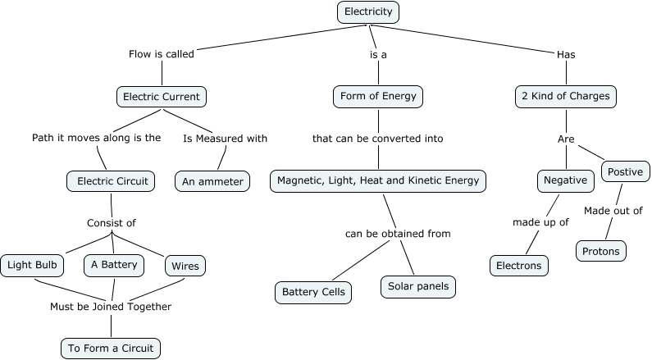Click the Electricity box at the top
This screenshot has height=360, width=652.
pos(368,11)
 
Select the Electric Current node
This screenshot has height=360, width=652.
pos(162,97)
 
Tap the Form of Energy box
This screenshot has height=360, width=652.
pos(378,96)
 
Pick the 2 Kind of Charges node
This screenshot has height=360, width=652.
pos(565,96)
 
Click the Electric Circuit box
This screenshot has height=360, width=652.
pos(112,181)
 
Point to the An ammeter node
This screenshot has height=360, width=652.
pos(212,181)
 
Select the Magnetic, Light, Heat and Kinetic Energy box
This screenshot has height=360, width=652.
pos(378,180)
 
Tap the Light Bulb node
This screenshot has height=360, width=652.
pos(32,265)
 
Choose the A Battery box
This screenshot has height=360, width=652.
pos(114,265)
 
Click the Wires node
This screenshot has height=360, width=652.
pos(185,266)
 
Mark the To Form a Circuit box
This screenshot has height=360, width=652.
pos(110,348)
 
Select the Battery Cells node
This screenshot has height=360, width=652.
pos(313,292)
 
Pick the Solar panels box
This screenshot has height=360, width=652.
pos(417,287)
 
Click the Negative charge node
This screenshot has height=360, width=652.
pos(565,180)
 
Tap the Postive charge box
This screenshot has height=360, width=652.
pos(626,171)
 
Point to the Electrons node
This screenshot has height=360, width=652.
pos(518,266)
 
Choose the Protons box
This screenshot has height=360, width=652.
pos(600,250)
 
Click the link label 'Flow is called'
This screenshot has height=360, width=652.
pos(162,55)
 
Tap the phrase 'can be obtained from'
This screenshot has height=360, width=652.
pos(398,234)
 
